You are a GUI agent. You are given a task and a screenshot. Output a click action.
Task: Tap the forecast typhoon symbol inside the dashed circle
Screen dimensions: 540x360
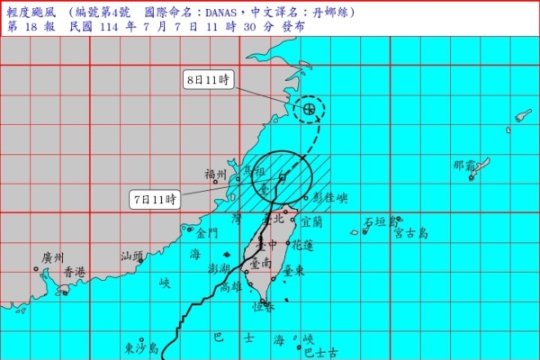310,110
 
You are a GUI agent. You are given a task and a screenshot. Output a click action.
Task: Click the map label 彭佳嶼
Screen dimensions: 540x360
330,197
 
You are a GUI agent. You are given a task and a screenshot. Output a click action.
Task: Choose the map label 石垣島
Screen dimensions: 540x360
381,220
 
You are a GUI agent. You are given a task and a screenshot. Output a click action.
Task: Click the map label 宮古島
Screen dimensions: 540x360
410,234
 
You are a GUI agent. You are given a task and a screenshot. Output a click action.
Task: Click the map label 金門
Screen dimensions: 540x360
206,233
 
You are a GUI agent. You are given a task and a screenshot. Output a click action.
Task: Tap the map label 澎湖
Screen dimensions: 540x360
219,268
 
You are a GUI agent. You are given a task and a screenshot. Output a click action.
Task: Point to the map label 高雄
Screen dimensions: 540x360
231,288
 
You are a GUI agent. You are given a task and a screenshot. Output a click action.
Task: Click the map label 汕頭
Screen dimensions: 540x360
132,256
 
